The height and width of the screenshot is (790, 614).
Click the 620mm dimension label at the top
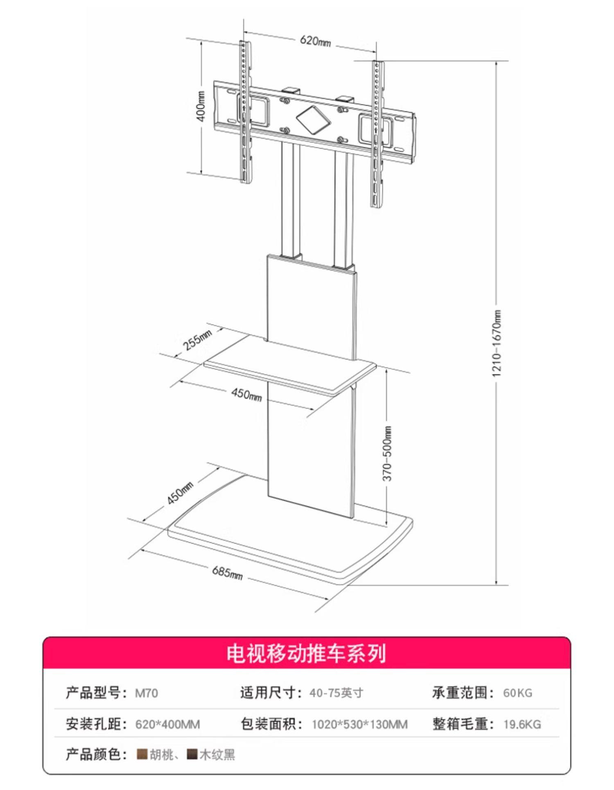[315, 41]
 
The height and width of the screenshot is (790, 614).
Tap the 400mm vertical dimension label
[201, 106]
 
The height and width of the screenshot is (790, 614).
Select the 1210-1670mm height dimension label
[496, 343]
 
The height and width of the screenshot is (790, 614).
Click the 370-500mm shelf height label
[388, 454]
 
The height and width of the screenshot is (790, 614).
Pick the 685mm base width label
[227, 572]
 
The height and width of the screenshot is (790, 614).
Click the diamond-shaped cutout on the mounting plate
[313, 119]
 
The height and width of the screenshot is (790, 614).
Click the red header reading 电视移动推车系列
[307, 653]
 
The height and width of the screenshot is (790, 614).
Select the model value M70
[147, 693]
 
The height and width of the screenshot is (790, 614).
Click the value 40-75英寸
[336, 693]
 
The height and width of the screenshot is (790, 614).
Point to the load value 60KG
[517, 693]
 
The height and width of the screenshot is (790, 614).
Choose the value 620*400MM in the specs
[167, 725]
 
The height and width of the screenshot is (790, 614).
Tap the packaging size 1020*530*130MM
[359, 725]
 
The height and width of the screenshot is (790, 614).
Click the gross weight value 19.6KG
[522, 725]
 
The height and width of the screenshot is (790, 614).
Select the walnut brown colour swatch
[142, 754]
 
